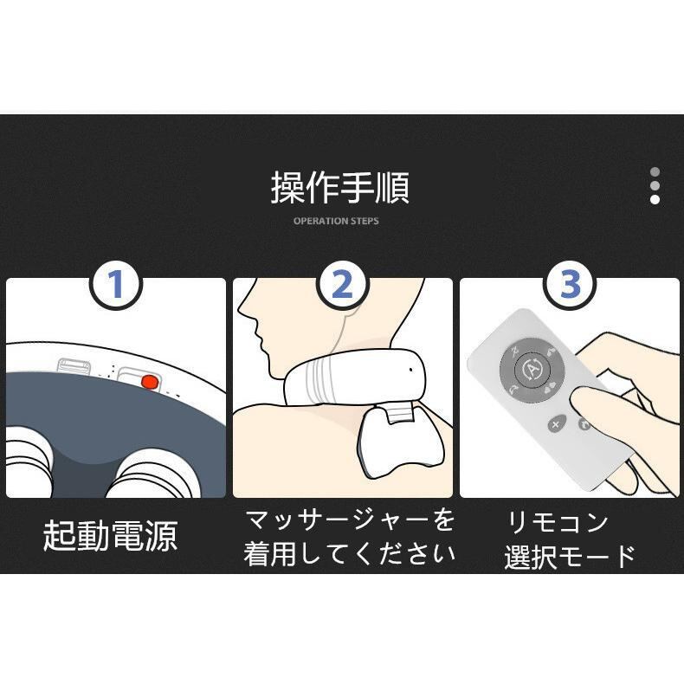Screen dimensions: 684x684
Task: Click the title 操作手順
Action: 339,188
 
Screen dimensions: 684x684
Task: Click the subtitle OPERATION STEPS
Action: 336,221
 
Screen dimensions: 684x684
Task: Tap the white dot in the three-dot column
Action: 655,199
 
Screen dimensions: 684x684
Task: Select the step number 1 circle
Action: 116,284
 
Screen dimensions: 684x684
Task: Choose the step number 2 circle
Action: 343,284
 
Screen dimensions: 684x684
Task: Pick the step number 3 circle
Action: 570,284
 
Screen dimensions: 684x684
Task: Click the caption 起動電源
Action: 110,536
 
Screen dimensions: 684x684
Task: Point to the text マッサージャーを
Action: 350,520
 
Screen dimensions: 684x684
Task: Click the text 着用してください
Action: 350,554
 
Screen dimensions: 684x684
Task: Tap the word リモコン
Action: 558,523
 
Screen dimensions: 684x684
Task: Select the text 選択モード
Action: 570,557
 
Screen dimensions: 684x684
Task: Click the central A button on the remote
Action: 532,370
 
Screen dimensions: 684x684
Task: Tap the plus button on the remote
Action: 556,424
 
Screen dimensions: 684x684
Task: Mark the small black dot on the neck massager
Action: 411,370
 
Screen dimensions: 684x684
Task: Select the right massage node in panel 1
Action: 152,474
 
